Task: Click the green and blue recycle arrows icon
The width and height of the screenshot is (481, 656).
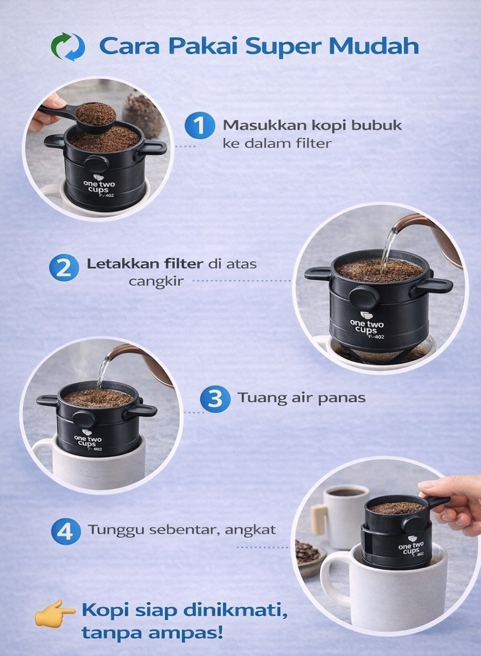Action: [68, 46]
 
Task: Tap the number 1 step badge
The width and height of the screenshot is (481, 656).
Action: [200, 125]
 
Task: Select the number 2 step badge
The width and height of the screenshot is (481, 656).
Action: [64, 268]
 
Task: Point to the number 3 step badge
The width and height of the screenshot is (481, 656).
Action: [215, 399]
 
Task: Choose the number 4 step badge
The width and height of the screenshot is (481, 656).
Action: [66, 532]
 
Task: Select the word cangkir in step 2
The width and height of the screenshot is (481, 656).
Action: [156, 281]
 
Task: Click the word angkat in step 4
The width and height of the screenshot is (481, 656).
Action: [251, 530]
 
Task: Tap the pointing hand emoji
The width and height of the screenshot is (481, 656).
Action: [55, 613]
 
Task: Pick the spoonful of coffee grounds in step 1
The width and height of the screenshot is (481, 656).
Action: [96, 114]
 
